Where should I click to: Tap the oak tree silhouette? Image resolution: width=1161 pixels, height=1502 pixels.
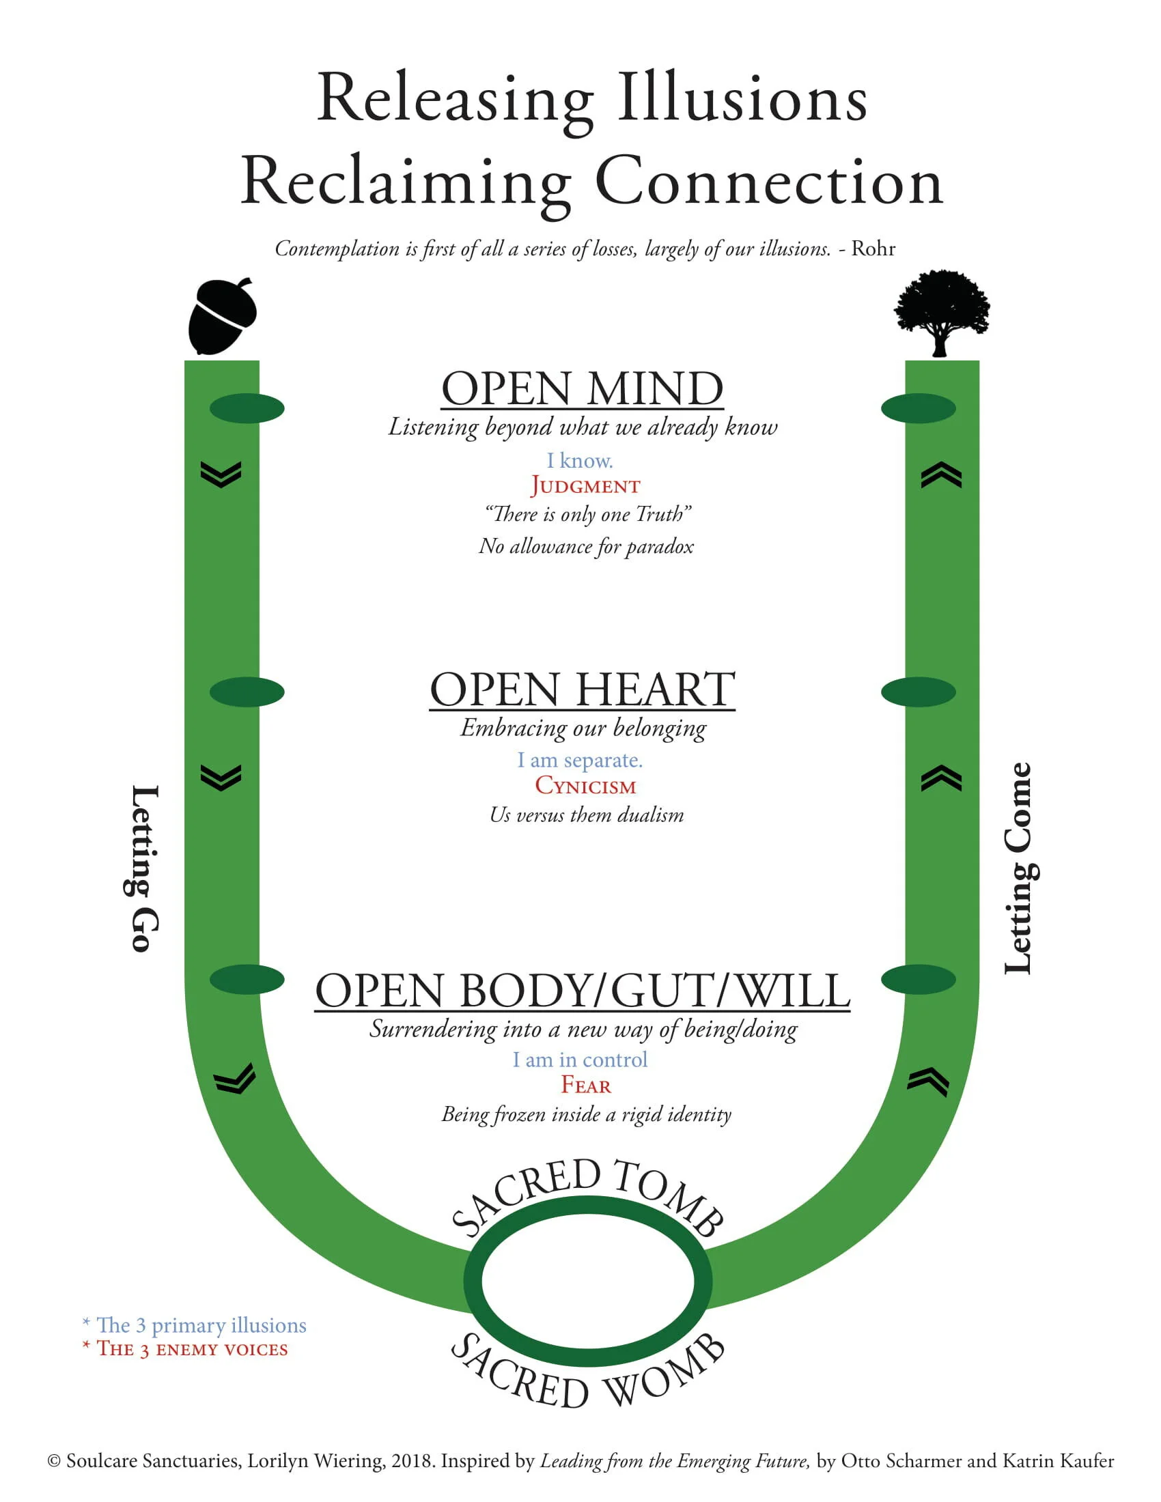coord(941,311)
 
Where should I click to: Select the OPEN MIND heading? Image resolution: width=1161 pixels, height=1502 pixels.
coord(582,388)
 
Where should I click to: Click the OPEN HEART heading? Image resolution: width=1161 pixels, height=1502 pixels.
coord(582,689)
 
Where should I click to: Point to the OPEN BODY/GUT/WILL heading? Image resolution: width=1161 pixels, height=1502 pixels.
coord(582,991)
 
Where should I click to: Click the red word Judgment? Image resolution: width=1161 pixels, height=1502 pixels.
coord(585,485)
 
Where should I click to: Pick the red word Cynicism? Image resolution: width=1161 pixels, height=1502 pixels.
coord(585,785)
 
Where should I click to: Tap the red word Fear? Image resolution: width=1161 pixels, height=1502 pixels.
coord(585,1086)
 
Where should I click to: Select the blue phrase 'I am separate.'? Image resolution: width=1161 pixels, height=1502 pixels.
coord(580,760)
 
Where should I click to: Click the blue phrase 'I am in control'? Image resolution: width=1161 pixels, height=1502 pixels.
coord(580,1060)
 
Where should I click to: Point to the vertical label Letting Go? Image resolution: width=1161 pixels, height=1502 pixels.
coord(145,868)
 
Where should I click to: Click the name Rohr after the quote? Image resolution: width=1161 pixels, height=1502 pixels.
coord(873,249)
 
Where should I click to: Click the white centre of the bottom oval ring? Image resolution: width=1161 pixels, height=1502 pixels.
coord(587,1281)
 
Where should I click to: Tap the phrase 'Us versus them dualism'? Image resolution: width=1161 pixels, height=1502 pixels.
coord(587,815)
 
